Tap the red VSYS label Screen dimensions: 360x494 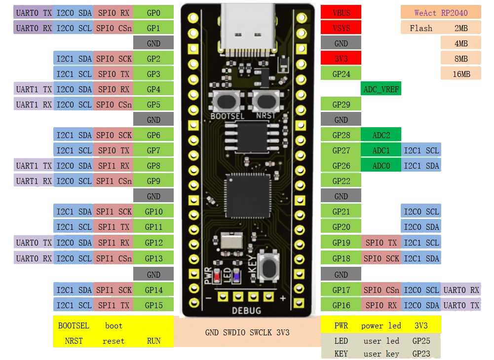click(x=341, y=28)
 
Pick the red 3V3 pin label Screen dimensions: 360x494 click(x=341, y=59)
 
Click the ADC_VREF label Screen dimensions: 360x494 click(x=381, y=89)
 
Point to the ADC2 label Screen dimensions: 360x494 click(x=381, y=135)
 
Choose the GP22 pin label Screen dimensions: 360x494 click(x=341, y=181)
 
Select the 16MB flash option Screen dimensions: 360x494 click(x=461, y=74)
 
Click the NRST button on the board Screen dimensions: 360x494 click(x=266, y=102)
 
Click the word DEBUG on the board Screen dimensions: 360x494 click(x=247, y=311)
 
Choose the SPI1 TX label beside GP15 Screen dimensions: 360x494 click(x=114, y=305)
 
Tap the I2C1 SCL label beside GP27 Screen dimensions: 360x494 click(x=421, y=150)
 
